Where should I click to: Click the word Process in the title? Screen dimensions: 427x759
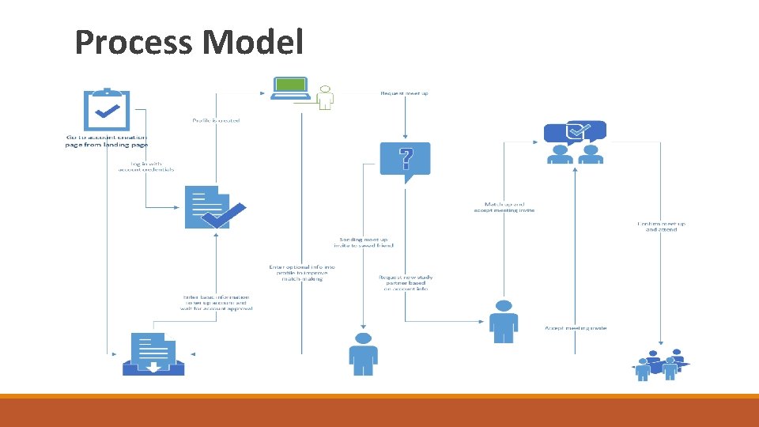[131, 43]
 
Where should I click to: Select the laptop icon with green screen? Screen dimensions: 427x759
[290, 89]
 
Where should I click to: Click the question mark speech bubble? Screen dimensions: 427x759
[406, 161]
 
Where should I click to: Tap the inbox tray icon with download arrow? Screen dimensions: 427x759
[153, 354]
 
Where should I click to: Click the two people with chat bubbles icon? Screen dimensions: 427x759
[575, 142]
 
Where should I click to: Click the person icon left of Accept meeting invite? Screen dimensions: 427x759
[503, 320]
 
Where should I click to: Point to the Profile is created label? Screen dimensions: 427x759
[216, 120]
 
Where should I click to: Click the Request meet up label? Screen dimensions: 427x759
[405, 93]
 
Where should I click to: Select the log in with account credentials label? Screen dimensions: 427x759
[147, 166]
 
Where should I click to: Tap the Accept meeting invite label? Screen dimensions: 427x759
[576, 328]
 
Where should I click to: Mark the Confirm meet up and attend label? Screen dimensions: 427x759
[661, 226]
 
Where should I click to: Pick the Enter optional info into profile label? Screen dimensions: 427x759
[302, 273]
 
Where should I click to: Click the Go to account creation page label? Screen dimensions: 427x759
[106, 141]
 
